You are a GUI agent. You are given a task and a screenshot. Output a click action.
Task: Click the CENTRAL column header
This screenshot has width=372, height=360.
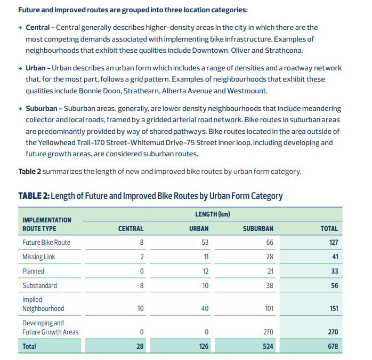click(131, 228)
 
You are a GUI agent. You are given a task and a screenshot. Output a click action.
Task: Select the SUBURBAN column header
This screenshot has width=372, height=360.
click(258, 228)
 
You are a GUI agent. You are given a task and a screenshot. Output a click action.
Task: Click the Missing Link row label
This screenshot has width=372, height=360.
click(39, 257)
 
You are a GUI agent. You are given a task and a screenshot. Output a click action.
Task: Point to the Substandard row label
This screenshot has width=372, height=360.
click(39, 285)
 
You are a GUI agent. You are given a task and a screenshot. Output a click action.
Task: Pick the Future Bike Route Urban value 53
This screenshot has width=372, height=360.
click(205, 242)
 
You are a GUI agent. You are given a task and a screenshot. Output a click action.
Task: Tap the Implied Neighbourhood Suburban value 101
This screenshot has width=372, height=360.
click(268, 308)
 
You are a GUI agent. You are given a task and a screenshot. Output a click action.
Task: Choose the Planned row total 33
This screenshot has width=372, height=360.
click(335, 271)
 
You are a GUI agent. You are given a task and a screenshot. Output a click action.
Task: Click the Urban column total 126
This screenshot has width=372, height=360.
click(203, 347)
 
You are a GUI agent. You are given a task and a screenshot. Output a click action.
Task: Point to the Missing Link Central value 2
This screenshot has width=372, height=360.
click(141, 257)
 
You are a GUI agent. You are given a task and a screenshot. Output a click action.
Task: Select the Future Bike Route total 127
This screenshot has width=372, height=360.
click(333, 242)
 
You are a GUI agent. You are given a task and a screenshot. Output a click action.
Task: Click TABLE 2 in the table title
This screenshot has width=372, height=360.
click(34, 196)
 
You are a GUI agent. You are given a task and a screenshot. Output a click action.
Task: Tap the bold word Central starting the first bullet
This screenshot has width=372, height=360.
click(38, 27)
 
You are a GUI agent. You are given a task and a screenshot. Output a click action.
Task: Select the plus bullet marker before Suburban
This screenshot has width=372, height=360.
click(20, 109)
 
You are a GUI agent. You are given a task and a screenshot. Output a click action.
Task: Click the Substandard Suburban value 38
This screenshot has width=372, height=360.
click(269, 285)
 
